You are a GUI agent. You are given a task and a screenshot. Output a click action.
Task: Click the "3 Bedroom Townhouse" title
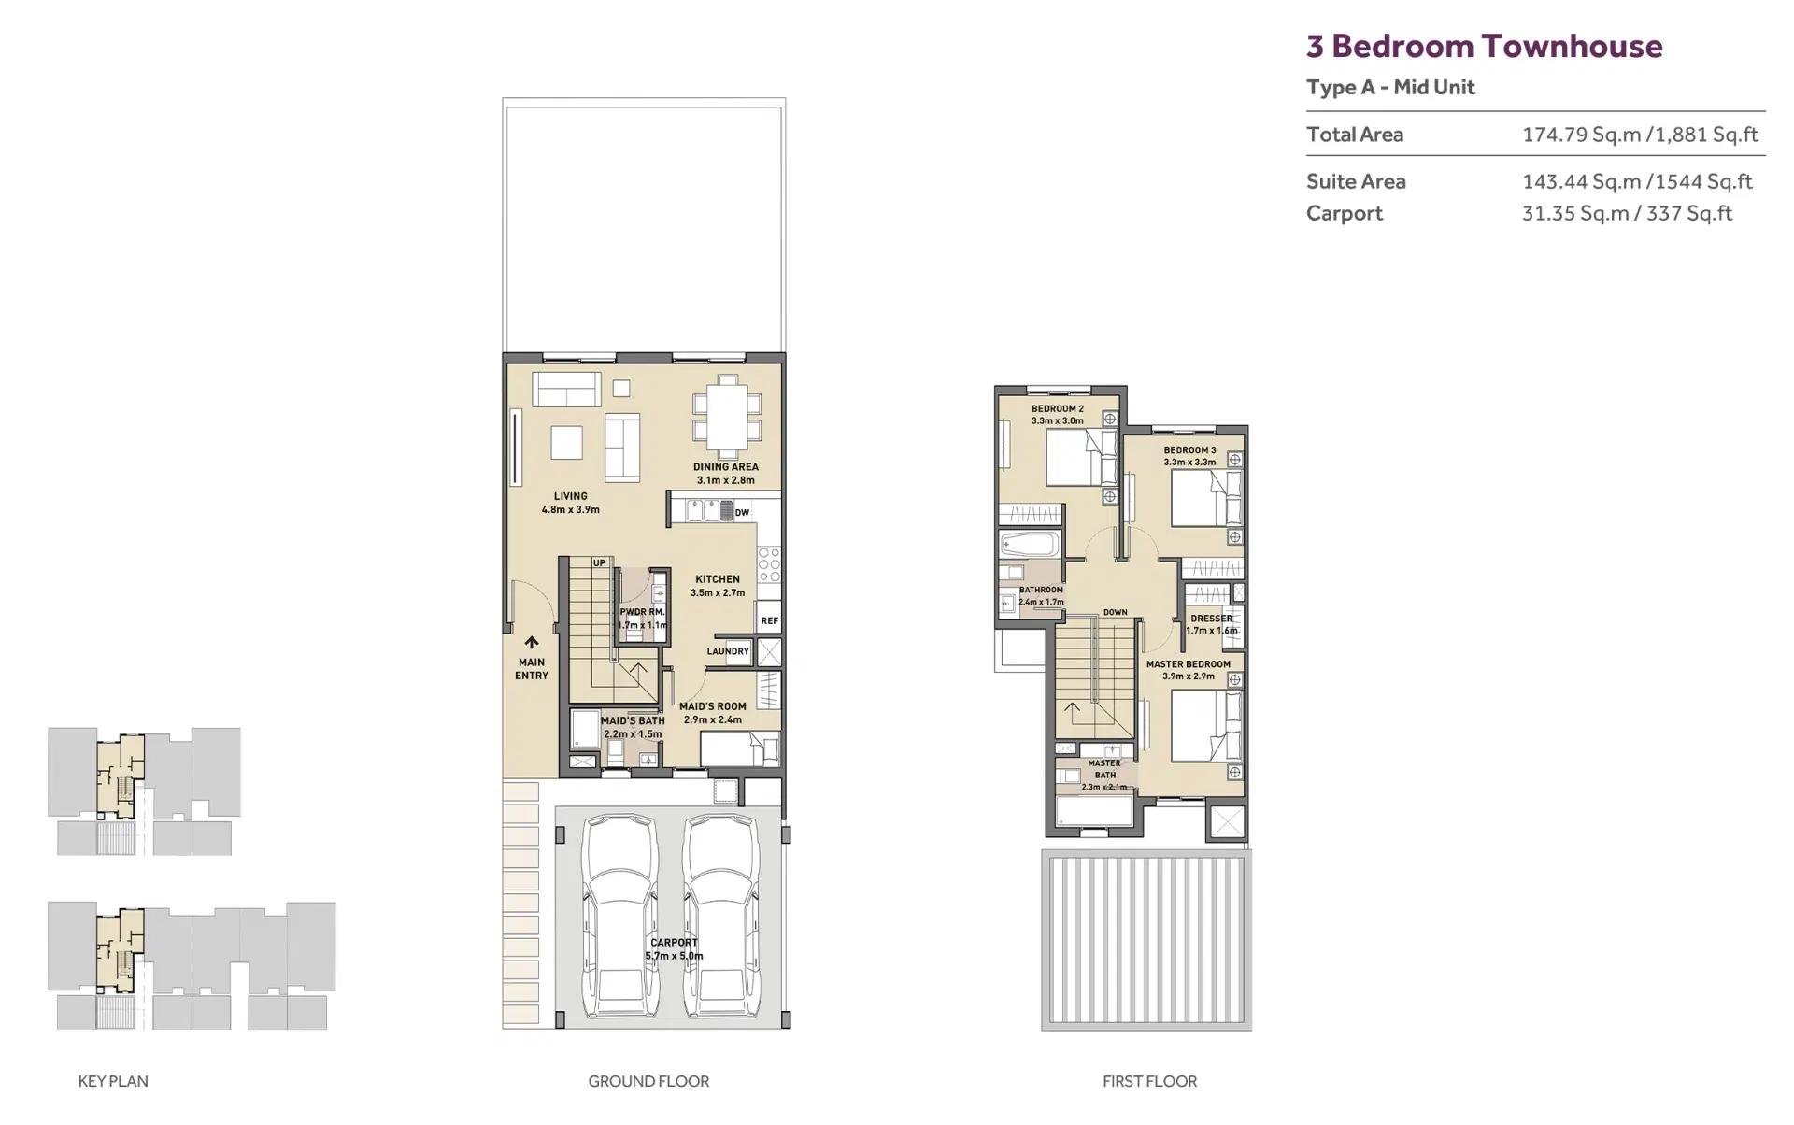pos(1484,46)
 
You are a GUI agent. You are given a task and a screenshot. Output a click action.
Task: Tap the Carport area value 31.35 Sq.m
pos(1575,213)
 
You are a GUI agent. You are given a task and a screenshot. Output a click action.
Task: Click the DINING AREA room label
pos(725,467)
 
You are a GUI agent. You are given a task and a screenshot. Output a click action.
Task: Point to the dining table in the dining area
pos(725,414)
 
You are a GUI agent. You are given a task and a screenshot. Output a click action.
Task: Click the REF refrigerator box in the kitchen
pos(769,620)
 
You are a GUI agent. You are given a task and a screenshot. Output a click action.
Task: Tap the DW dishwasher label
pos(742,513)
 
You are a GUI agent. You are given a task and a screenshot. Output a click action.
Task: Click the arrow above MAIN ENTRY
pos(532,643)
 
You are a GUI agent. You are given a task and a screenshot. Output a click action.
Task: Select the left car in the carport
pos(619,917)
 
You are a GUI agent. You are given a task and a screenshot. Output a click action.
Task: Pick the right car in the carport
pos(720,917)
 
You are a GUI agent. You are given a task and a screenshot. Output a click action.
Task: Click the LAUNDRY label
pos(728,651)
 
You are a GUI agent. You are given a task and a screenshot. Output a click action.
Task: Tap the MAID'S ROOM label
pos(713,706)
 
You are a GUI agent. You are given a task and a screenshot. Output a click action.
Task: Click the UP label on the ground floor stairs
pos(599,563)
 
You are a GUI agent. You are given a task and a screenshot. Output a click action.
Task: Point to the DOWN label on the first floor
pos(1116,613)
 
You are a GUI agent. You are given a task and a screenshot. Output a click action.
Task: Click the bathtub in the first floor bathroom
pos(1030,543)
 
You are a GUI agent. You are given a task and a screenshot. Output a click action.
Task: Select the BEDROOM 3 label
pos(1189,450)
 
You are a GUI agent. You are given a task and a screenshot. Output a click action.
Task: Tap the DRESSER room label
pos(1211,619)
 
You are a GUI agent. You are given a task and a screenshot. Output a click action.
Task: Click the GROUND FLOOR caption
pos(648,1082)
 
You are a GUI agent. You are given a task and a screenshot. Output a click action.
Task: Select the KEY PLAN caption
pos(113,1082)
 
